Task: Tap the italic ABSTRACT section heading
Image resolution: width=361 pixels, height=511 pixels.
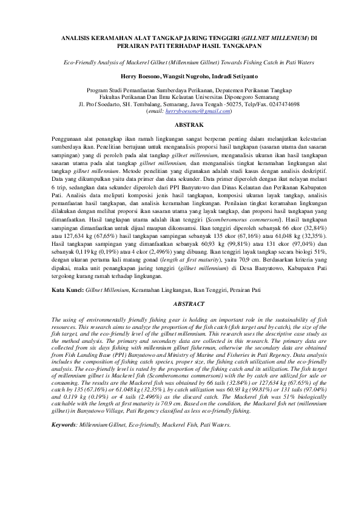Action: (x=180, y=302)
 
